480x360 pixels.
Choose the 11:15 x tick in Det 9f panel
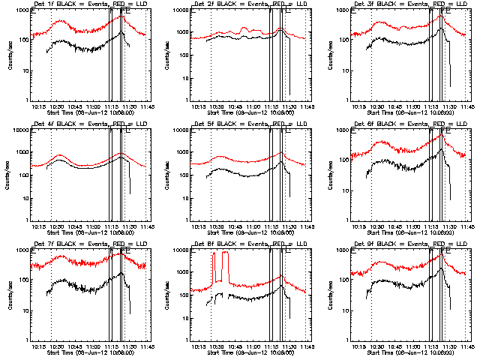[x=428, y=346]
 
